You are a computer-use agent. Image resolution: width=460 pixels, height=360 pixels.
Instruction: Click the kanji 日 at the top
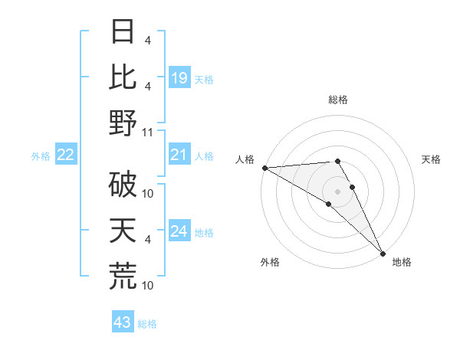pos(123,31)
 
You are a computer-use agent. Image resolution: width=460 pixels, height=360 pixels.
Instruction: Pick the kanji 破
pos(123,185)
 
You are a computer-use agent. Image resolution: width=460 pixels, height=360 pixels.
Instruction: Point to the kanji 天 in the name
pos(123,231)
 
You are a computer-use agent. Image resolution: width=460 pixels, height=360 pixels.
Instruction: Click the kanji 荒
pos(123,277)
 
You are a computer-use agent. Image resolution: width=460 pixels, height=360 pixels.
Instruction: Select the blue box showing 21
pos(179,155)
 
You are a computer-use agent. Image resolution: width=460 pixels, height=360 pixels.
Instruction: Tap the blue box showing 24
pos(179,231)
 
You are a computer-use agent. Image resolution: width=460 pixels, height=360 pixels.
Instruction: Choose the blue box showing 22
pos(66,155)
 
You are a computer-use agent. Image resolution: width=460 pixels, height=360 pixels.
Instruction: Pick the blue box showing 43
pos(122,322)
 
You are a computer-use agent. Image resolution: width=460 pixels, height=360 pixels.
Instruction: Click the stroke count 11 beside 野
pos(148,132)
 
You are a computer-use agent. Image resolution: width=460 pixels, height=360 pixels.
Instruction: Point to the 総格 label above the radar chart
pos(338,100)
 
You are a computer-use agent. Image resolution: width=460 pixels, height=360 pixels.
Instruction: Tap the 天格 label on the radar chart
pos(432,159)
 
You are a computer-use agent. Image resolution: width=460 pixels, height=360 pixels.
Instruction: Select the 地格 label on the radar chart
pos(402,262)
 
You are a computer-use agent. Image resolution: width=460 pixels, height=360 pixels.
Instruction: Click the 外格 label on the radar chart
pos(270,262)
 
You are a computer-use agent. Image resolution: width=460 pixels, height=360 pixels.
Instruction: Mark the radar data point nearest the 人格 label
pos(264,168)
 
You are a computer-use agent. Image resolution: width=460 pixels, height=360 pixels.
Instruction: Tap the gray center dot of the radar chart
pos(338,191)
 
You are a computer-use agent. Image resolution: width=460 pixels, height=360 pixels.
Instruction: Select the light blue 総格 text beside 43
pos(147,323)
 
